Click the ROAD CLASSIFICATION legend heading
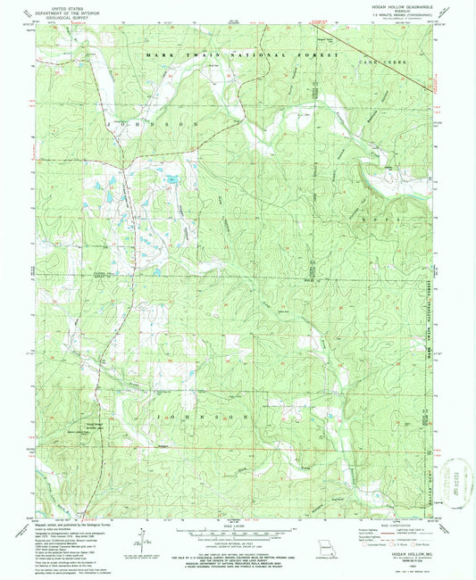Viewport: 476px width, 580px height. tap(397, 526)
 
